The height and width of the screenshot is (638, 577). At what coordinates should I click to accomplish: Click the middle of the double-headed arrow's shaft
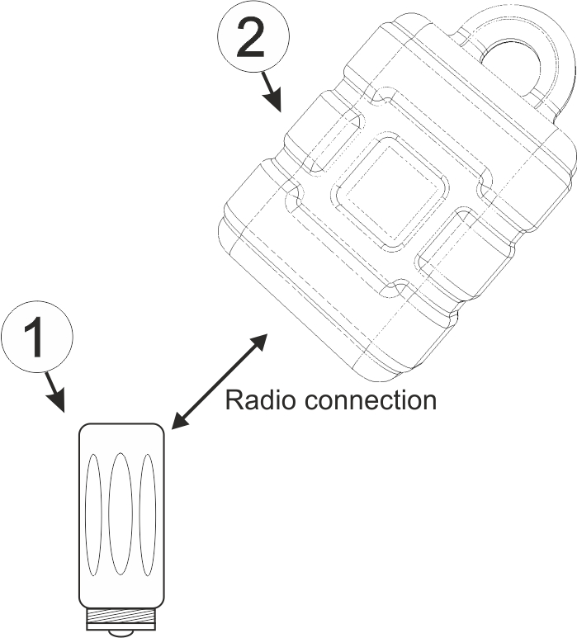coord(220,380)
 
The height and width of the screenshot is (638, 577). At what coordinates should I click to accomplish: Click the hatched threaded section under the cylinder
coord(121,617)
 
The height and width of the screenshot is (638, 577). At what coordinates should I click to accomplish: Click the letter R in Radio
coord(233,400)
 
